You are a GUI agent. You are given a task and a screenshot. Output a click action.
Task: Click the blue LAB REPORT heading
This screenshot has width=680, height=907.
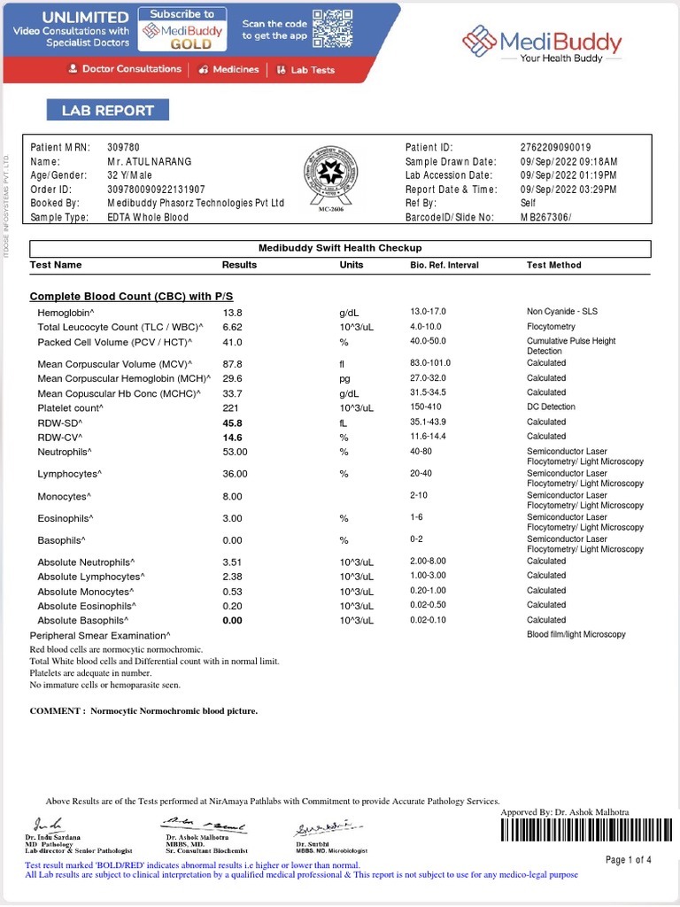[107, 111]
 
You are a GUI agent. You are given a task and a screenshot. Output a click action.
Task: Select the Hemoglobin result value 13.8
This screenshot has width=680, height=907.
[232, 313]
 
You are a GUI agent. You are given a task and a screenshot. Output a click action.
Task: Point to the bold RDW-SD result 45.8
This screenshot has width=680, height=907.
[232, 422]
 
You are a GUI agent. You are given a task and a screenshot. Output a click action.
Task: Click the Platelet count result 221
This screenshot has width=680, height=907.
[230, 407]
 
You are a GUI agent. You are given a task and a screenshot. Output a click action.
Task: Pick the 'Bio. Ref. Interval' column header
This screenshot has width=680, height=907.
[444, 265]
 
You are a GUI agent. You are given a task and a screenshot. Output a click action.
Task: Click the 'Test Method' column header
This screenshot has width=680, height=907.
[553, 265]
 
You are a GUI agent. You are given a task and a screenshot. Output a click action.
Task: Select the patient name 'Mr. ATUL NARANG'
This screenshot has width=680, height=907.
[149, 162]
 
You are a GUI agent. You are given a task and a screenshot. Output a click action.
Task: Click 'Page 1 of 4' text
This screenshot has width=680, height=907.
[628, 860]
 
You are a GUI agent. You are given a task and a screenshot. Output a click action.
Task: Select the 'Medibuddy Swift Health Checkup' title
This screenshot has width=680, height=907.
[339, 248]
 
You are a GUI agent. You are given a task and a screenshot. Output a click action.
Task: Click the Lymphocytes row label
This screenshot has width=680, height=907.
[68, 474]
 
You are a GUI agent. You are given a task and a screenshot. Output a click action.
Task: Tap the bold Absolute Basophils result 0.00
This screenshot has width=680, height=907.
[232, 621]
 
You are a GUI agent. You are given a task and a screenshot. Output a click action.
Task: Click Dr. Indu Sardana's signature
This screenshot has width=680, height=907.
[48, 824]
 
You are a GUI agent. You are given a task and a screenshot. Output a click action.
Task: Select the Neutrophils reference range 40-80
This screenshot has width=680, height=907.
[421, 452]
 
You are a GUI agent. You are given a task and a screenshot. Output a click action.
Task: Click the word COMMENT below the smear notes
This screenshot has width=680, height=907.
[57, 710]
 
